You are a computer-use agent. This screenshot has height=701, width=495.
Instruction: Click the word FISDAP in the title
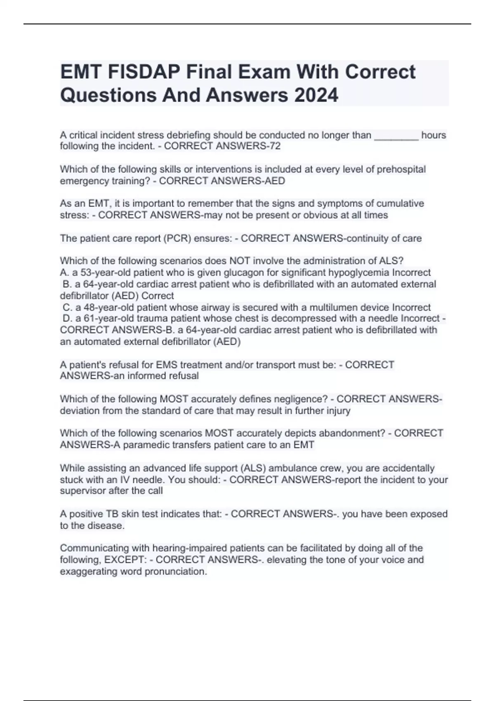[143, 72]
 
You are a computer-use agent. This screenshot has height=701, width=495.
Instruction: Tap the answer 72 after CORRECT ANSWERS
[275, 146]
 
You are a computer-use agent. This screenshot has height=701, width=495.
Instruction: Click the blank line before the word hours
[396, 135]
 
